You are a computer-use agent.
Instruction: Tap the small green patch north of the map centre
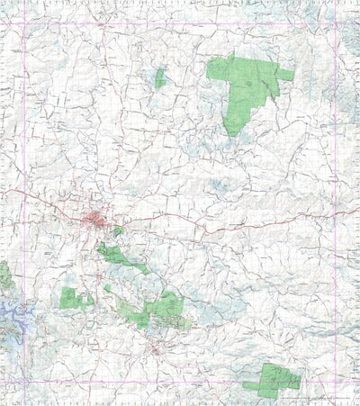(160, 79)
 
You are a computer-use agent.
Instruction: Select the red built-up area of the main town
(98, 219)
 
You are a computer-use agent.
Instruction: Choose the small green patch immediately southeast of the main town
(118, 232)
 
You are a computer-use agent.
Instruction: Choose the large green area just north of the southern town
(162, 311)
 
